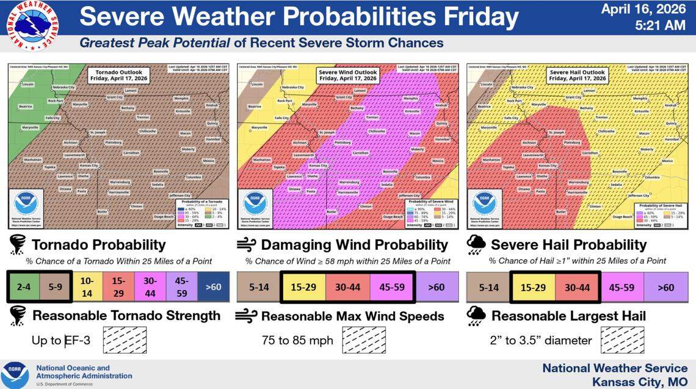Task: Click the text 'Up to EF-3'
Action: [61, 340]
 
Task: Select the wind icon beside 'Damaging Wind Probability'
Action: [247, 245]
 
